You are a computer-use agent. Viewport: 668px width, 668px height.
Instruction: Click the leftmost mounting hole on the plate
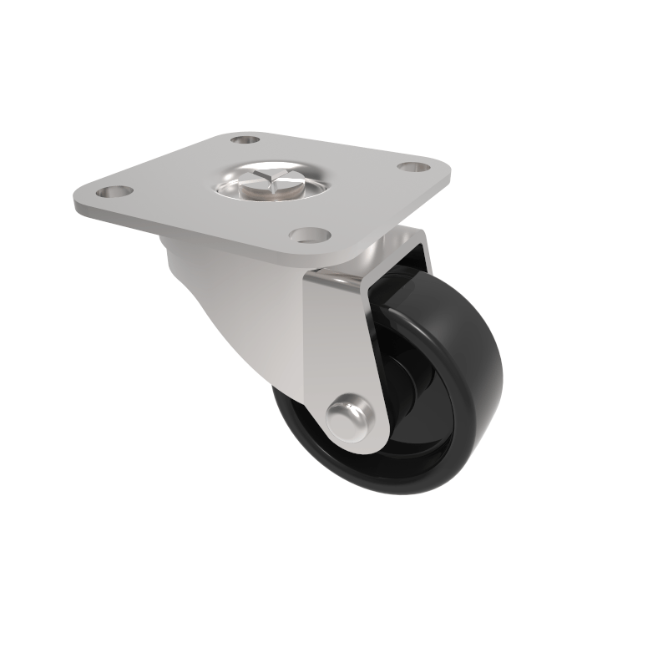[114, 192]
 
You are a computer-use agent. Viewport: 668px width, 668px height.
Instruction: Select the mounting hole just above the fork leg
[311, 235]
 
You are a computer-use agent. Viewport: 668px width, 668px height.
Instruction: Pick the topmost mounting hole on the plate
[244, 139]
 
